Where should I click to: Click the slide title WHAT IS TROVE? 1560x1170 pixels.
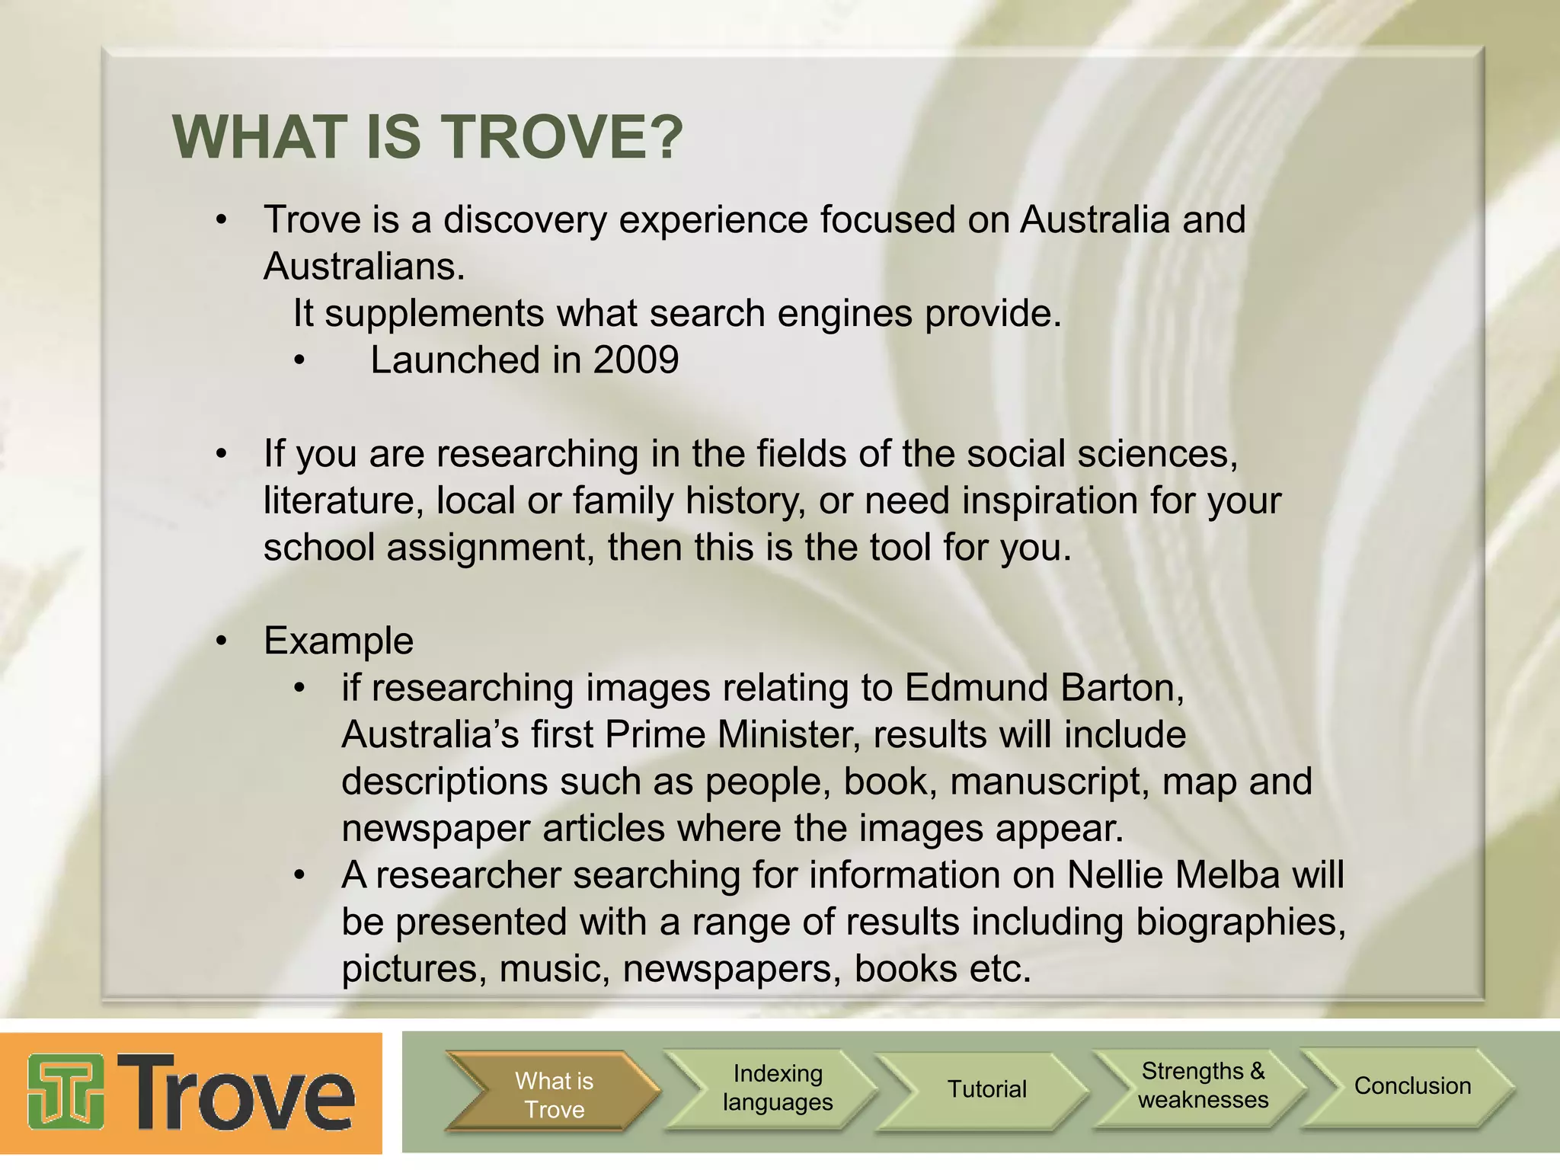click(x=428, y=137)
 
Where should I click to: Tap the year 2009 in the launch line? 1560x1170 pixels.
click(x=636, y=360)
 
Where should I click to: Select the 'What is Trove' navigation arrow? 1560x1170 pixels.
click(x=554, y=1095)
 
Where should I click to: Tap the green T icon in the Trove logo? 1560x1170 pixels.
click(x=66, y=1092)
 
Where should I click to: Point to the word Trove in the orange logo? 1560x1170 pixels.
click(x=236, y=1094)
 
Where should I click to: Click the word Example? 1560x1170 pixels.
click(x=338, y=641)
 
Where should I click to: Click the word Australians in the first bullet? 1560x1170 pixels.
click(x=363, y=267)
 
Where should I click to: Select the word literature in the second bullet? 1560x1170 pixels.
click(x=344, y=500)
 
